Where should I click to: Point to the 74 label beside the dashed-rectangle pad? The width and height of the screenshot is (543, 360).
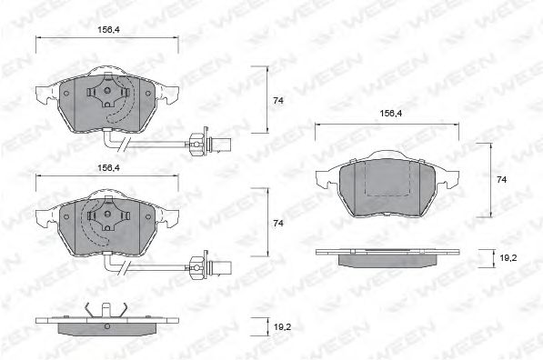pos(501,180)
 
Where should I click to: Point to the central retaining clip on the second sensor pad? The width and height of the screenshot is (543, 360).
pos(107,218)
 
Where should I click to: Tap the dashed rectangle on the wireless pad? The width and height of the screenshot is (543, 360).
pos(390,181)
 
